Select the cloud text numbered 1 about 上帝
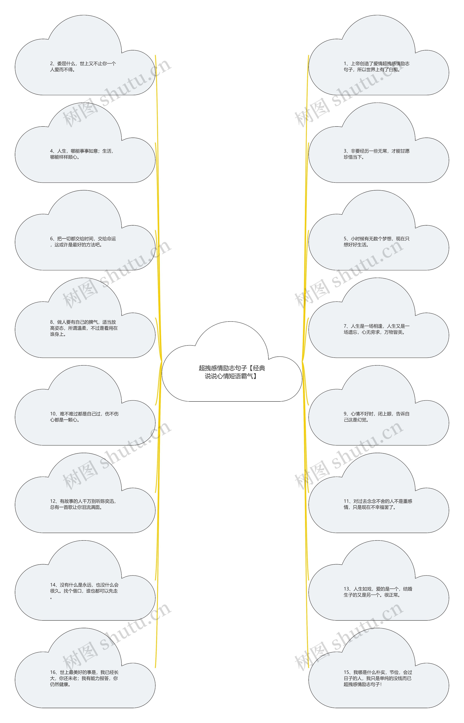[377, 67]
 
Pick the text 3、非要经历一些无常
[377, 154]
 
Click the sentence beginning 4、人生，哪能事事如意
[82, 154]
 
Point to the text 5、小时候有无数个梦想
[377, 242]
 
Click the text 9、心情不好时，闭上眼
[377, 417]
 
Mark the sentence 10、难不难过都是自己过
[84, 417]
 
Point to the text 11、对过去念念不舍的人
[378, 504]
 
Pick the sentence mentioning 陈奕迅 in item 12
[83, 504]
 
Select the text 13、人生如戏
[378, 592]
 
